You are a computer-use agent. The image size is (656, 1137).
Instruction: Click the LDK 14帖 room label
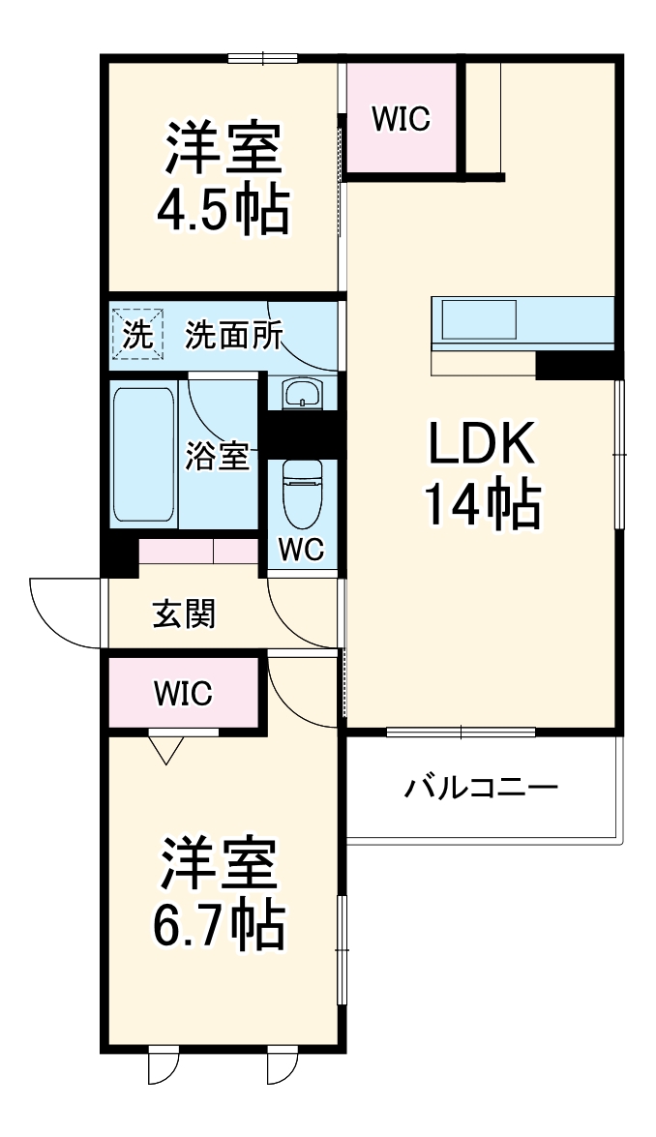point(482,477)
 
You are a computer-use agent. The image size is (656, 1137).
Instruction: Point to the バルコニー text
point(481,787)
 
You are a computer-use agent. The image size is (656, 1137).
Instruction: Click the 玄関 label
point(184,613)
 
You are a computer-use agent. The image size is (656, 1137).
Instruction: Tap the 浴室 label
point(218,457)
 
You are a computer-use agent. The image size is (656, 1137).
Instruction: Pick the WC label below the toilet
point(302,548)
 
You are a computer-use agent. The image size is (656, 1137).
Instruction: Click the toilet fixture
point(302,487)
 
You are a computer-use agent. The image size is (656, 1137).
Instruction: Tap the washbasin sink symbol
point(301,393)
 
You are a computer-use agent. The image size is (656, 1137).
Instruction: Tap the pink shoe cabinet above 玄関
point(197,552)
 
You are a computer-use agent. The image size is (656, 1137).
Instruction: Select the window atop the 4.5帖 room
point(262,58)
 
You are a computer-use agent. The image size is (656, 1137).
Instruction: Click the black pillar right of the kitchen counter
point(577,366)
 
